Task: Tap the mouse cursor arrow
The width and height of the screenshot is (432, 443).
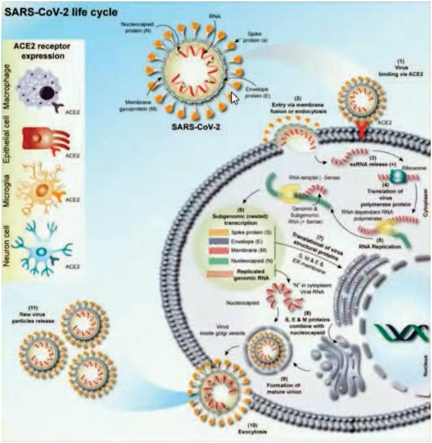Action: click(x=236, y=98)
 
